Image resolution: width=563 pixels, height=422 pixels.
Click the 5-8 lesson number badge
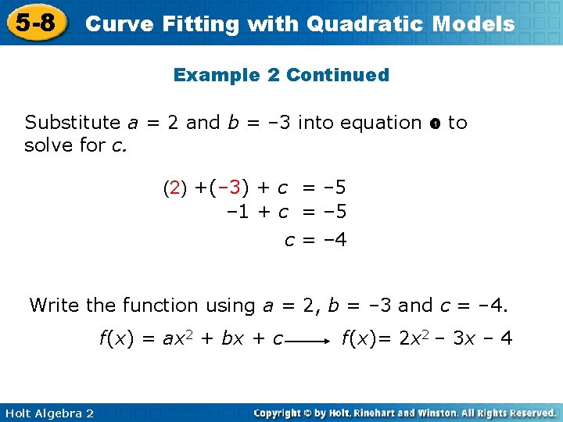[x=34, y=23]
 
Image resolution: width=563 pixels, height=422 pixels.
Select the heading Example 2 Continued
[x=281, y=75]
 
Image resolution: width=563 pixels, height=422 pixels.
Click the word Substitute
[x=73, y=123]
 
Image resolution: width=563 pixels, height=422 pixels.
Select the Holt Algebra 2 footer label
[x=48, y=413]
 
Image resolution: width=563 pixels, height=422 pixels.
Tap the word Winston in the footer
[x=441, y=413]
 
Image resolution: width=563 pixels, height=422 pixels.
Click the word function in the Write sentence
[x=161, y=305]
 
